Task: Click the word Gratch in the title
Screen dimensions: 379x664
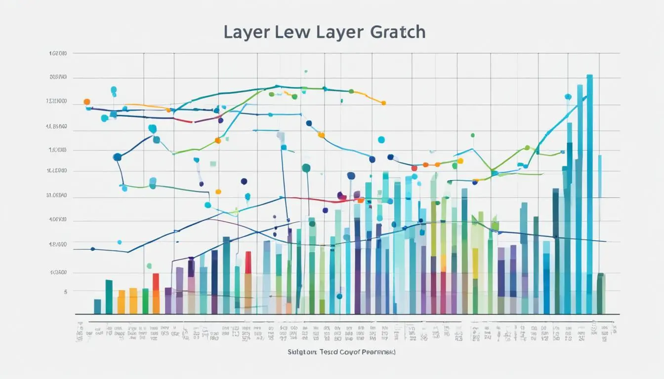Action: [x=396, y=32]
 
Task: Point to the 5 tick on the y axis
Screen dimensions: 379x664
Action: [x=65, y=292]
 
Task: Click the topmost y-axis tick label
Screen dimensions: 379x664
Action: [x=58, y=53]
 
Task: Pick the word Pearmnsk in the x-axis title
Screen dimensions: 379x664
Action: [x=364, y=352]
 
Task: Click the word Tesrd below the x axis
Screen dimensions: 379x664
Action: [x=319, y=352]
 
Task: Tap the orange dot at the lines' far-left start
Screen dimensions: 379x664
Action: [x=87, y=102]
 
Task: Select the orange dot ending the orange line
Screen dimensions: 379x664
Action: [x=383, y=103]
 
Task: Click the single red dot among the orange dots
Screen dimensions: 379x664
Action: [x=414, y=168]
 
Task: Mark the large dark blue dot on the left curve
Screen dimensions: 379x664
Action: [x=117, y=157]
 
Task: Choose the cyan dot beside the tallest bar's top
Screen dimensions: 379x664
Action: [x=568, y=97]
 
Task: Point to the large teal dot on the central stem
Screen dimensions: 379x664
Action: [x=306, y=168]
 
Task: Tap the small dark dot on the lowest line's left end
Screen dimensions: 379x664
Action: [x=92, y=249]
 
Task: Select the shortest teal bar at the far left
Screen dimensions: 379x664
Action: [x=97, y=306]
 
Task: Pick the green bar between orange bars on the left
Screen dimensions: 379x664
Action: [x=145, y=301]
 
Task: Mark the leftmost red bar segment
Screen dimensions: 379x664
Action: [x=156, y=282]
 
